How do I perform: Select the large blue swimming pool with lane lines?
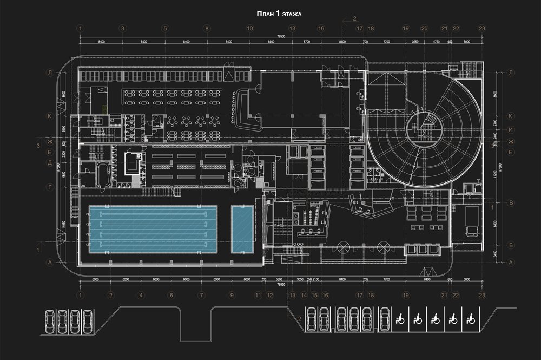click(153, 228)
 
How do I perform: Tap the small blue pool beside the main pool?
click(242, 229)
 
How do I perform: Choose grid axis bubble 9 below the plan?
click(232, 295)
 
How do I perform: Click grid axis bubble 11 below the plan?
click(259, 295)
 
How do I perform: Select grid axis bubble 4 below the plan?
click(141, 295)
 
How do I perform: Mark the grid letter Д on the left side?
click(50, 162)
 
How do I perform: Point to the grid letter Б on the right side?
click(511, 245)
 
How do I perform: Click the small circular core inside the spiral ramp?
click(424, 127)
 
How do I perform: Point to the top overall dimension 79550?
click(281, 37)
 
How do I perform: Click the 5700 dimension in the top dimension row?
click(306, 41)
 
